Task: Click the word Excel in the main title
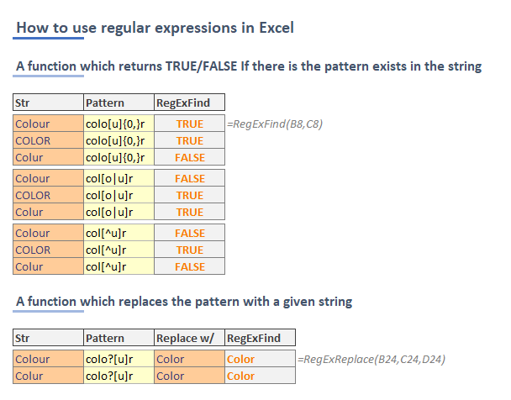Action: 277,28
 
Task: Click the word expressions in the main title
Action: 196,29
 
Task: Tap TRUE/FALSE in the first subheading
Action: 202,66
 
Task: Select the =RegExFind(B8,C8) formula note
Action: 275,124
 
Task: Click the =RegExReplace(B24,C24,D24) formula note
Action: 371,360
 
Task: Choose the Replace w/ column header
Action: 185,338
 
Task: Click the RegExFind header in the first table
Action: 183,103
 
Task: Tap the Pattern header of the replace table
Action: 105,338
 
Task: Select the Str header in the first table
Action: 22,103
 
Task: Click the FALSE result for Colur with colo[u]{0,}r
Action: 190,158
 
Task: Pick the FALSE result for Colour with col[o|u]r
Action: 190,178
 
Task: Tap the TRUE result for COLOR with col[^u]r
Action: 190,250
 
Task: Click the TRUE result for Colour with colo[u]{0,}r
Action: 190,124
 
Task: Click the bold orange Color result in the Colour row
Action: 240,360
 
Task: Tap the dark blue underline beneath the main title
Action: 48,39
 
